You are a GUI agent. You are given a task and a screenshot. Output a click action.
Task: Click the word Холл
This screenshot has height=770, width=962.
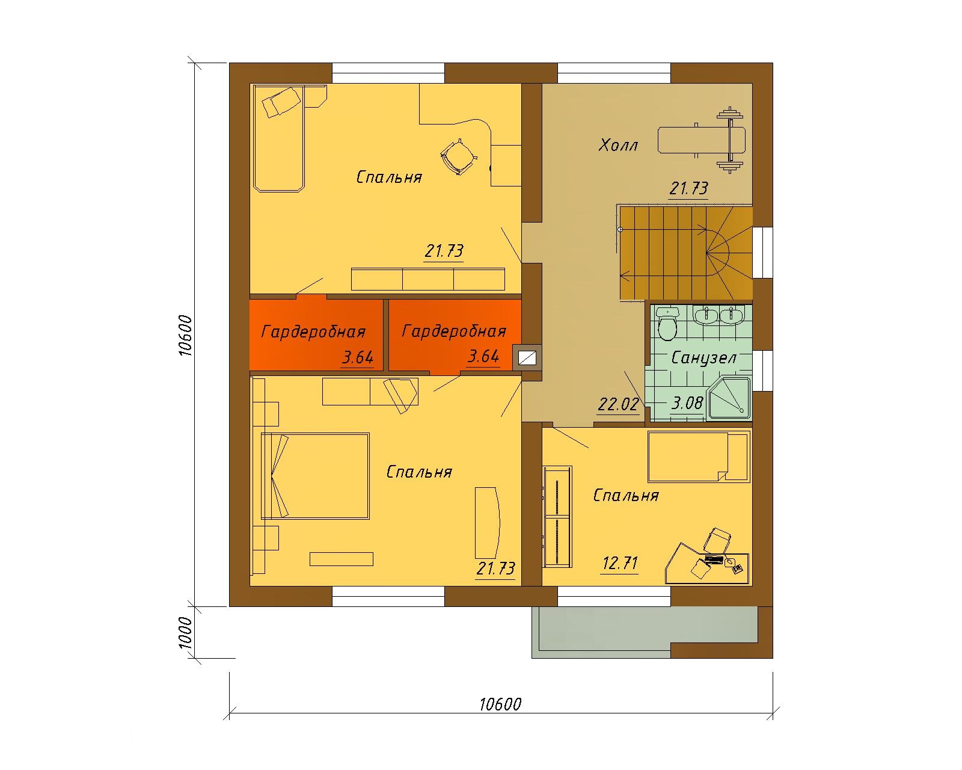click(x=618, y=145)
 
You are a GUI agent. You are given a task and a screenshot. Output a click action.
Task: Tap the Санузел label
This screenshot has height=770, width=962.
click(x=703, y=357)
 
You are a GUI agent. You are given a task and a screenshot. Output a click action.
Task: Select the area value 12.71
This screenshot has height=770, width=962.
click(x=620, y=563)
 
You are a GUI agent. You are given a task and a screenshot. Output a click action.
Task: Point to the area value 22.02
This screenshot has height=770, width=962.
click(x=618, y=404)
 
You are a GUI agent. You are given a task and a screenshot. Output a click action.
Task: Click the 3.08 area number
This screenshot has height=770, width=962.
click(x=687, y=403)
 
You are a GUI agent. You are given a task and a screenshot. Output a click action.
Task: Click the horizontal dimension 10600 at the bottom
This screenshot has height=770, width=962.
click(x=501, y=704)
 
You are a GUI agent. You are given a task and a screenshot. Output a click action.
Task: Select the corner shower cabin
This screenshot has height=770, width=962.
click(x=729, y=399)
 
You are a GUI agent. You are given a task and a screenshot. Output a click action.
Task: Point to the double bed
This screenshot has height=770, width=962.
click(x=315, y=476)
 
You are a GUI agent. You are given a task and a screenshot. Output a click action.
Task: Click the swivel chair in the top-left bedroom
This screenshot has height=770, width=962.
click(x=458, y=157)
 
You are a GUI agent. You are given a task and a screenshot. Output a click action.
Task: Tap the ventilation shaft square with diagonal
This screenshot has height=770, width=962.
click(x=527, y=357)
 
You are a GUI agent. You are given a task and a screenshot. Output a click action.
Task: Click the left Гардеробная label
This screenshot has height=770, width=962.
click(x=313, y=331)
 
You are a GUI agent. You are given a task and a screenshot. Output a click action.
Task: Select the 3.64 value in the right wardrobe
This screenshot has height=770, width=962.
click(x=483, y=357)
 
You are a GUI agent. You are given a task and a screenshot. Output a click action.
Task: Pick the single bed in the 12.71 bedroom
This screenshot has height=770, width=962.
click(x=699, y=457)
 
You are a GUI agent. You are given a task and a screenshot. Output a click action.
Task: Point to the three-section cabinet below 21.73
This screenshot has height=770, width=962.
click(x=428, y=279)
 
